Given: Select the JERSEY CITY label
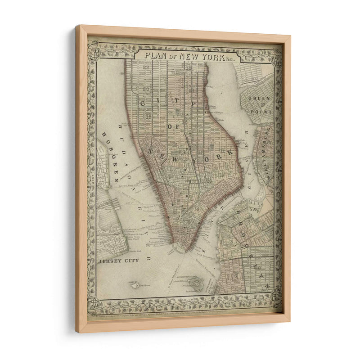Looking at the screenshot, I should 119,260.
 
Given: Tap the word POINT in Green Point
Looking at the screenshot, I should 261,108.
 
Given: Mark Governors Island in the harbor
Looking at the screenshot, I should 195,283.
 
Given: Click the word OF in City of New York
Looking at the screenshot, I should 171,127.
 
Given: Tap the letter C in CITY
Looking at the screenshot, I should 144,103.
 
